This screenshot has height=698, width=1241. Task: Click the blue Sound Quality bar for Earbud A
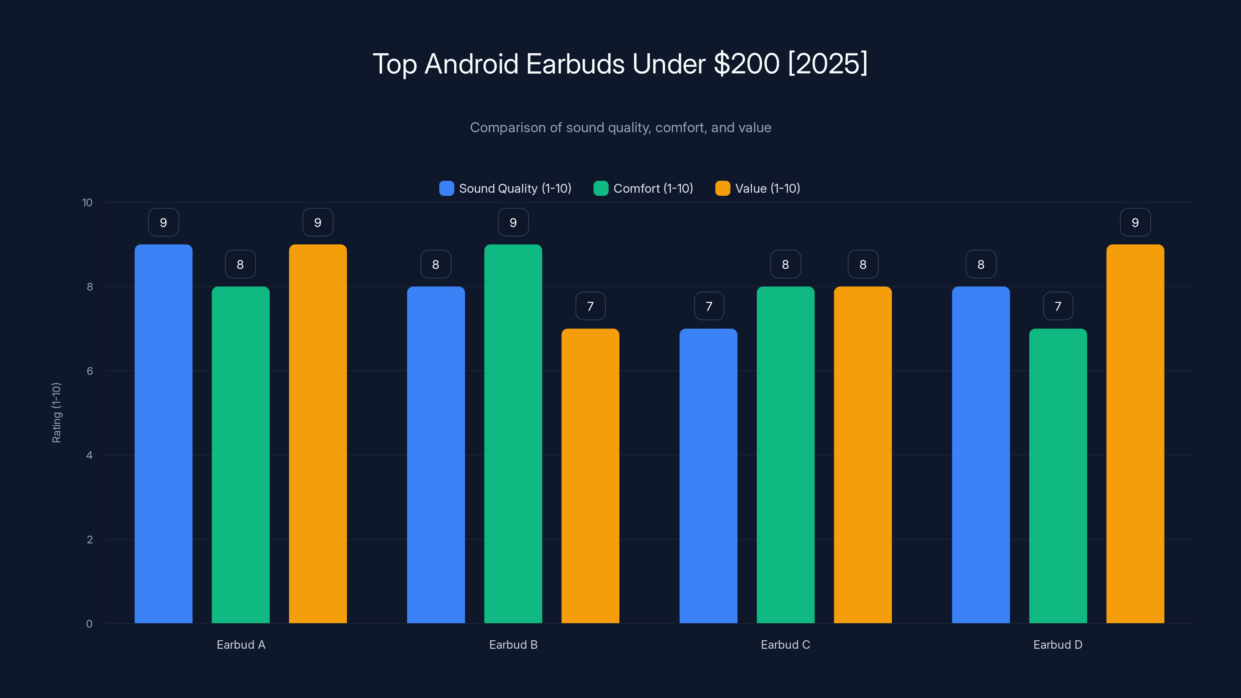(163, 434)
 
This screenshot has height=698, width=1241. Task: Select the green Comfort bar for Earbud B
(513, 434)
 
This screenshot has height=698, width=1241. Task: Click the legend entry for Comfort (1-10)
(644, 188)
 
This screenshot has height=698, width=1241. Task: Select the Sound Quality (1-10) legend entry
(505, 188)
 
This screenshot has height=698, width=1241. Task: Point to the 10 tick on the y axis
(87, 203)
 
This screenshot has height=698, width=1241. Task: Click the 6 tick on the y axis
(90, 371)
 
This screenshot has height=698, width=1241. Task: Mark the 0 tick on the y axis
(89, 624)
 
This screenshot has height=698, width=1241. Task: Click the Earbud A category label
(241, 644)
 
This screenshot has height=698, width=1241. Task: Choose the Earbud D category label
(1058, 644)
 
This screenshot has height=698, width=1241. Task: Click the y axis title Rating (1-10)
(56, 413)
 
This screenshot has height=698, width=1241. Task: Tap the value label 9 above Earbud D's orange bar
(1135, 223)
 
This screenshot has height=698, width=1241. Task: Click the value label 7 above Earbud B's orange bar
(590, 306)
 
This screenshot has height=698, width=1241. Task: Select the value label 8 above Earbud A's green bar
(240, 264)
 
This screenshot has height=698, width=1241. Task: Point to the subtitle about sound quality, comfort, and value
(620, 128)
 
